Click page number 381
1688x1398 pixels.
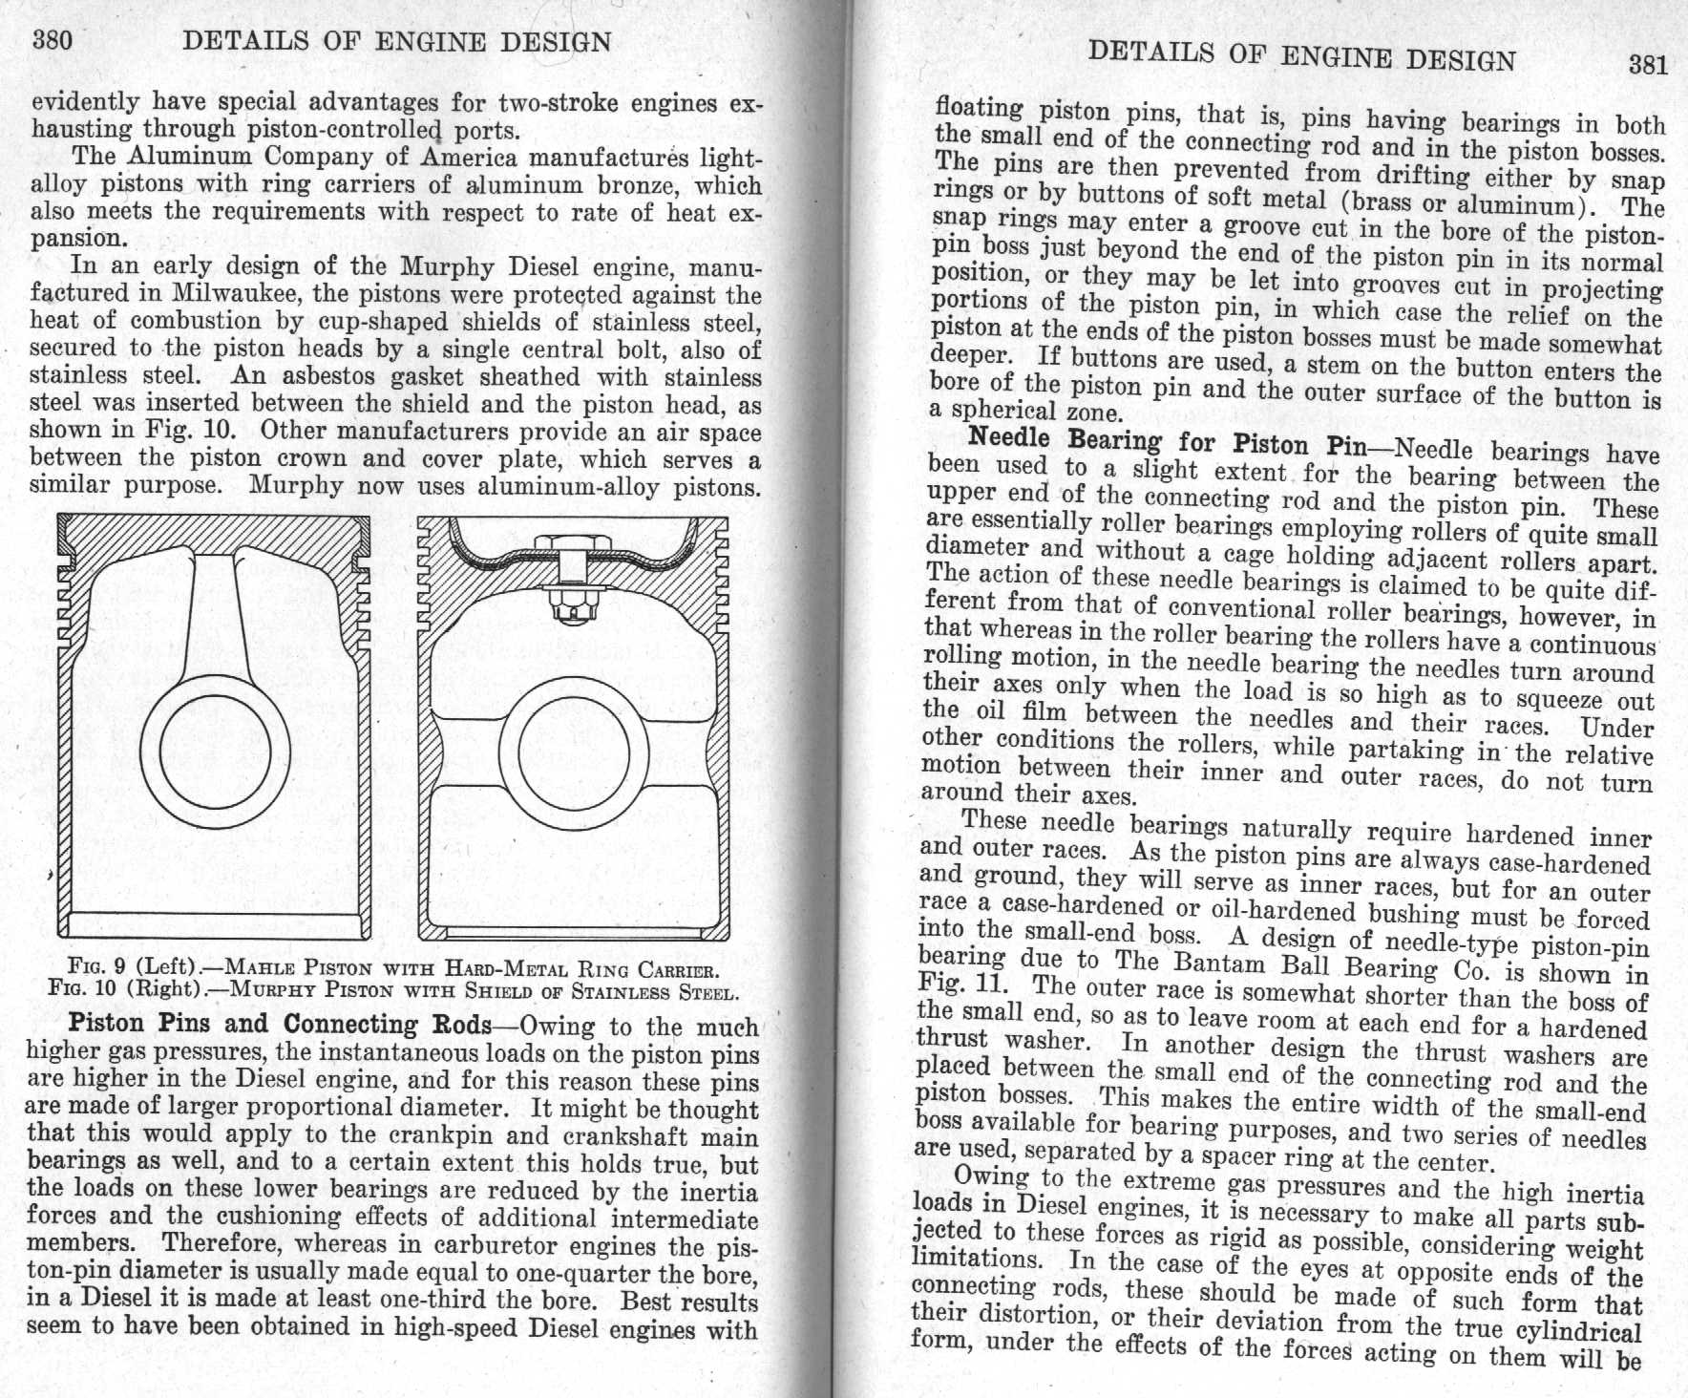pyautogui.click(x=1648, y=64)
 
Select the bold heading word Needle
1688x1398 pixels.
pyautogui.click(x=1011, y=438)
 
